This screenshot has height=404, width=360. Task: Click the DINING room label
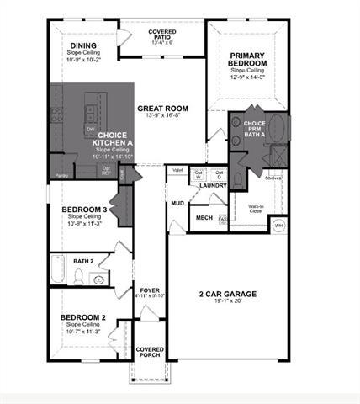pos(83,46)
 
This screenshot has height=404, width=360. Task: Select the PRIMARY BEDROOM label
pos(249,60)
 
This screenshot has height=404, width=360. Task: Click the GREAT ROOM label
pos(163,109)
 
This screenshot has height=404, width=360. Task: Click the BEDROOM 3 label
pos(83,210)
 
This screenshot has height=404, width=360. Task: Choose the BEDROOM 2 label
pos(82,317)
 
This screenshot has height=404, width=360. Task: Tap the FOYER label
pos(150,289)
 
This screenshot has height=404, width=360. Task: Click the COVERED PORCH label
pos(150,352)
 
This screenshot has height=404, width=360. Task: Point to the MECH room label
pos(204,217)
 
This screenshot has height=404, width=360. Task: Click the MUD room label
pos(177,204)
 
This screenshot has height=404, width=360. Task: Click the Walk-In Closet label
pos(257,208)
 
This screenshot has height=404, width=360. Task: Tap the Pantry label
pos(61,175)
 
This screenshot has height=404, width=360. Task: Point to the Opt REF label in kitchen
pos(106,169)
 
